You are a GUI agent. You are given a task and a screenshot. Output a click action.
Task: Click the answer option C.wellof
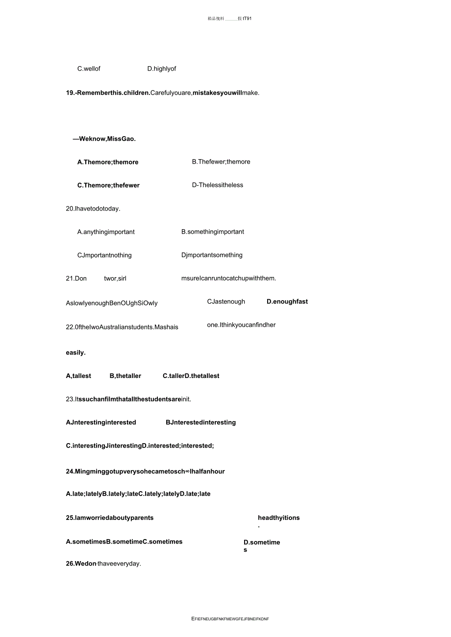pos(89,69)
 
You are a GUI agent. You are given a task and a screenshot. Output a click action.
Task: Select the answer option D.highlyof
pos(162,69)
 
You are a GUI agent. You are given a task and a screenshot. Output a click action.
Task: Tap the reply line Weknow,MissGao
pos(104,139)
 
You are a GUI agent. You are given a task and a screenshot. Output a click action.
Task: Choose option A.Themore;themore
pos(108,162)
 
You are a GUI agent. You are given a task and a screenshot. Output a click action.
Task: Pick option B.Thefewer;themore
pos(221,162)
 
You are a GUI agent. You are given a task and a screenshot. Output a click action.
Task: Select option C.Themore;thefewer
pos(108,186)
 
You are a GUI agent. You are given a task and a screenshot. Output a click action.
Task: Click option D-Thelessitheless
pos(218,185)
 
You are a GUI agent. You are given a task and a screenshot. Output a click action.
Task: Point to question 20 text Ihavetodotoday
pos(93,209)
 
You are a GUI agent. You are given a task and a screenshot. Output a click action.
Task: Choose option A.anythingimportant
pos(106,232)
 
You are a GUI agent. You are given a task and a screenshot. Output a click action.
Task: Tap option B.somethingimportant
pos(213,232)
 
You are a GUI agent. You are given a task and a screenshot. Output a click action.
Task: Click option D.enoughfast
pos(287,302)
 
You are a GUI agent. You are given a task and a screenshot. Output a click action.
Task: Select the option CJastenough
pos(226,302)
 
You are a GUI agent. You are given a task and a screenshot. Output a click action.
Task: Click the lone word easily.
pos(76,353)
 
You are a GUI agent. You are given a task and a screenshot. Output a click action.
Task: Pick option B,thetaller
pos(125,376)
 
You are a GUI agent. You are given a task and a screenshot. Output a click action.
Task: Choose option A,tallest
pos(78,376)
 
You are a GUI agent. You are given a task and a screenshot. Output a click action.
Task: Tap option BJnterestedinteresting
pos(200,423)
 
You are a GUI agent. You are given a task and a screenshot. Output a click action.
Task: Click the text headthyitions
pos(278,518)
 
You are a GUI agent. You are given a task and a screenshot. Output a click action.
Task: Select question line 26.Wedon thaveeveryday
pos(103,564)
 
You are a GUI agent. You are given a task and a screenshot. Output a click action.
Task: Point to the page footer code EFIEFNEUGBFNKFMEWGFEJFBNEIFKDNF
pos(230,619)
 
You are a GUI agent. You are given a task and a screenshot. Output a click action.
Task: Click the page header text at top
pos(229,19)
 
